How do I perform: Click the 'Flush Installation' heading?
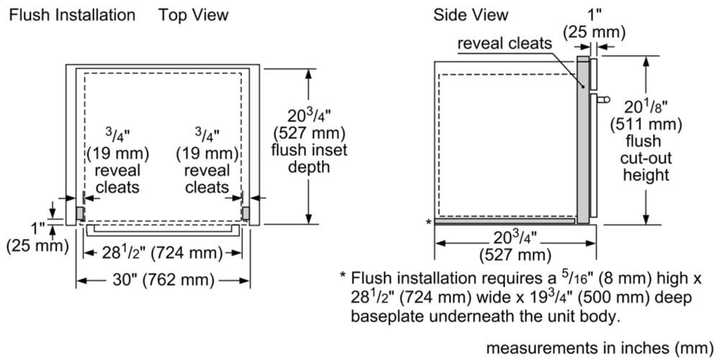[72, 14]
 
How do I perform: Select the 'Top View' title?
[193, 14]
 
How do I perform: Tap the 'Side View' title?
[470, 14]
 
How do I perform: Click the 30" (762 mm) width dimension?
[163, 280]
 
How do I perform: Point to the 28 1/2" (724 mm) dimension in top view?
[163, 252]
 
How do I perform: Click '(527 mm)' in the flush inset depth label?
[309, 132]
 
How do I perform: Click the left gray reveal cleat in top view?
[80, 213]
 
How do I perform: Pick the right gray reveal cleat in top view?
[246, 213]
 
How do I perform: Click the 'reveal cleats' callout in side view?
[504, 43]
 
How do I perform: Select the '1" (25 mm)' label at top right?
[594, 24]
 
